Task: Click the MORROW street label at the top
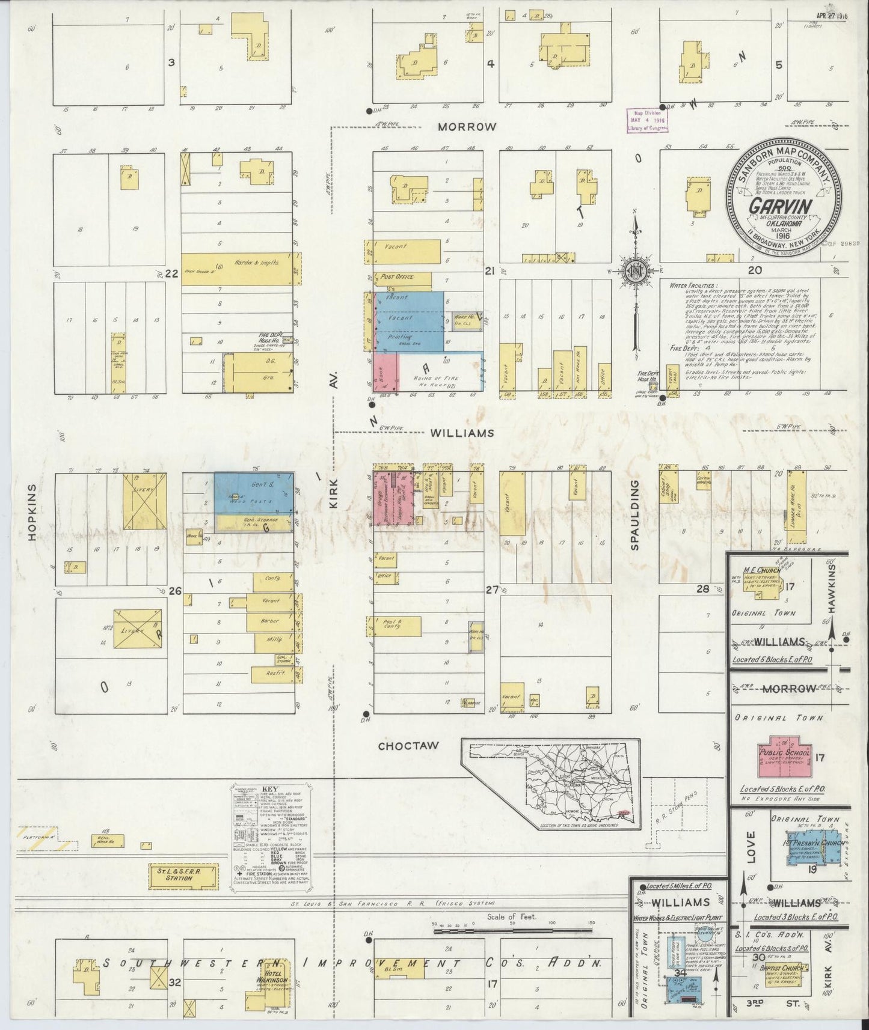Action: click(x=467, y=127)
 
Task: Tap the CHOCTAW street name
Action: click(x=408, y=746)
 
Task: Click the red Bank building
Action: click(x=386, y=373)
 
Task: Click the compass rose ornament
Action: click(x=634, y=270)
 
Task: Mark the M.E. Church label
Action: click(x=761, y=570)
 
